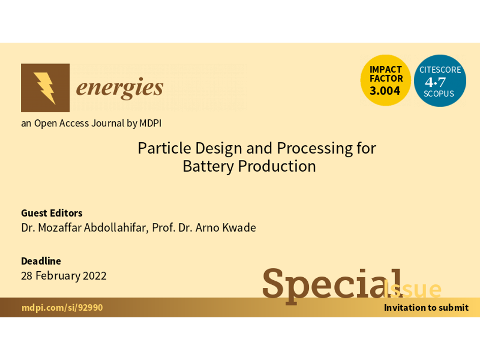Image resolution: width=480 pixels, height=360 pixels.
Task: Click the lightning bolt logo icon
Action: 45,88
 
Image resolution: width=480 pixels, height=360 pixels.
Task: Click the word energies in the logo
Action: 119,88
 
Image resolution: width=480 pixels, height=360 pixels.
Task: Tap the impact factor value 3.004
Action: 385,91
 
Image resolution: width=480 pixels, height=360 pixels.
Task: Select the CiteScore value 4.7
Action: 435,82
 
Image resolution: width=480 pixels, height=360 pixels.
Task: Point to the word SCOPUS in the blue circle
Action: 439,93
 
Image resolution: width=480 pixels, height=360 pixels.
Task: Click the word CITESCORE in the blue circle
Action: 440,70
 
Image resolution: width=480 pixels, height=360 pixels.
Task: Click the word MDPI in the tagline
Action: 150,123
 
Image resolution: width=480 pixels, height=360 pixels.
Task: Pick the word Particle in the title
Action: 165,148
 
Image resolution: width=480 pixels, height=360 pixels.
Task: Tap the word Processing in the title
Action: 315,149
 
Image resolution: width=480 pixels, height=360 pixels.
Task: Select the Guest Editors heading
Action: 52,213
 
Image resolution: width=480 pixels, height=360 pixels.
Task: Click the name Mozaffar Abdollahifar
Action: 92,228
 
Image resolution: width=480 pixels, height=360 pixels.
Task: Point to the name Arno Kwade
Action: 226,228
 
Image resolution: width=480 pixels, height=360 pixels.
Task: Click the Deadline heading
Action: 41,261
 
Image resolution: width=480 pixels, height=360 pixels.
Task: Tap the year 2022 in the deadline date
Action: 94,276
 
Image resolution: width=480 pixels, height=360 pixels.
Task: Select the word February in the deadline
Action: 58,276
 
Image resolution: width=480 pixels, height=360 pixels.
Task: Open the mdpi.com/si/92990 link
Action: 62,307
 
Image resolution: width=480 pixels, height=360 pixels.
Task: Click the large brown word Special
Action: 333,285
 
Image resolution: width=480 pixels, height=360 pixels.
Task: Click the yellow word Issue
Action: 412,288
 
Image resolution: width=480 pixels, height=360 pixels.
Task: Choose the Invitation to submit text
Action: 426,307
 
